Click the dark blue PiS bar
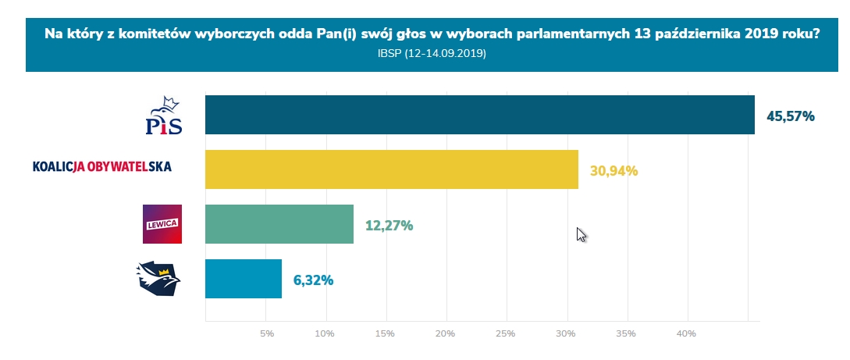(479, 115)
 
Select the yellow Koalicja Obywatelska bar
(391, 169)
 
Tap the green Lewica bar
(279, 224)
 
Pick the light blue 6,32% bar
(243, 279)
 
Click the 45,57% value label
(790, 116)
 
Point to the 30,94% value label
(613, 171)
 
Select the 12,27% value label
(389, 226)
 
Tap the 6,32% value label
(313, 280)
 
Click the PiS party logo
(164, 115)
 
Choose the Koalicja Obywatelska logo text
(101, 166)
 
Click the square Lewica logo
(162, 224)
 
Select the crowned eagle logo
(158, 279)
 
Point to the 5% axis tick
(267, 334)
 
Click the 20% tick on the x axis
(445, 334)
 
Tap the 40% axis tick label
(686, 334)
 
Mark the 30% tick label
(566, 334)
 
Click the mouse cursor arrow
(580, 234)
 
